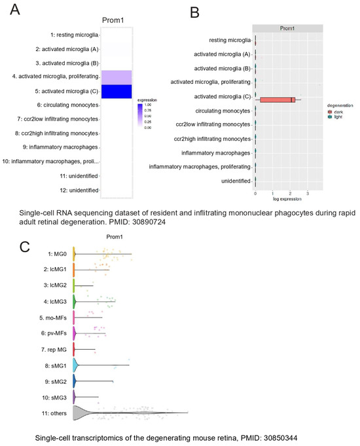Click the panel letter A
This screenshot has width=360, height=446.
(11, 10)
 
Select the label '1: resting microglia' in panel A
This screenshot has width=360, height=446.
(68, 34)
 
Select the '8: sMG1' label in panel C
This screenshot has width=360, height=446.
(55, 364)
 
